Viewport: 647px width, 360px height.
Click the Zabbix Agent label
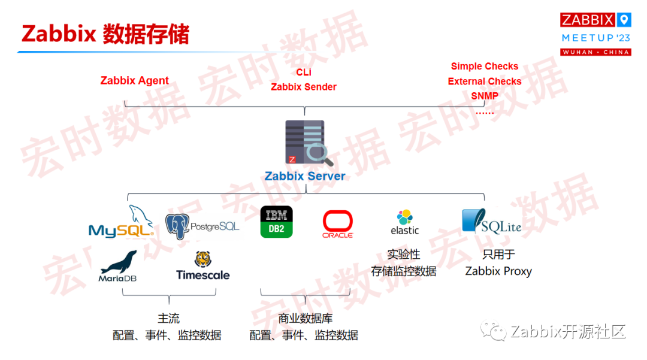pyautogui.click(x=134, y=81)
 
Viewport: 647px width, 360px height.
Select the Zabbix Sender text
pyautogui.click(x=304, y=87)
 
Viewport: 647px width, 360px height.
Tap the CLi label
pyautogui.click(x=304, y=72)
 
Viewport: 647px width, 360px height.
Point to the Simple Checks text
pyautogui.click(x=484, y=66)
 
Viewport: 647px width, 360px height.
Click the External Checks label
pyautogui.click(x=484, y=81)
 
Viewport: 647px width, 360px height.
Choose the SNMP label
pyautogui.click(x=484, y=96)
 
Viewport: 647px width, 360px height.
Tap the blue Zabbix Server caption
pyautogui.click(x=305, y=176)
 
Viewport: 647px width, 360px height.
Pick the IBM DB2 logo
pyautogui.click(x=276, y=222)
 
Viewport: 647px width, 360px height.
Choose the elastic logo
pyautogui.click(x=404, y=222)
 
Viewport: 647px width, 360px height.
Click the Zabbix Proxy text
pyautogui.click(x=498, y=271)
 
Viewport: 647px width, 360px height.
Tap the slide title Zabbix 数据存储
pyautogui.click(x=105, y=34)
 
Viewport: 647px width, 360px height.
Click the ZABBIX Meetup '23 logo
pyautogui.click(x=595, y=34)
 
